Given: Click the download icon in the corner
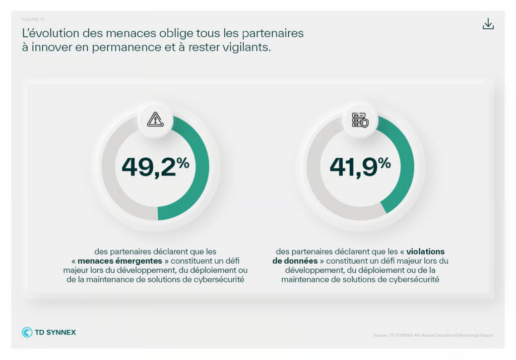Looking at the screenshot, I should pyautogui.click(x=488, y=24).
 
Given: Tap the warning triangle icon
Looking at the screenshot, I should pyautogui.click(x=155, y=119).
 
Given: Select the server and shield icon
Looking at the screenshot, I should pyautogui.click(x=360, y=119).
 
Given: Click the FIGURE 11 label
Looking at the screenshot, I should pyautogui.click(x=33, y=19).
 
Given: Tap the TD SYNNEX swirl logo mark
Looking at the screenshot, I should pyautogui.click(x=27, y=332).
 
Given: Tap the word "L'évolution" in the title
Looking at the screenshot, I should pyautogui.click(x=50, y=34).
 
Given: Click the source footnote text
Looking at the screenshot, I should pyautogui.click(x=433, y=335).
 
